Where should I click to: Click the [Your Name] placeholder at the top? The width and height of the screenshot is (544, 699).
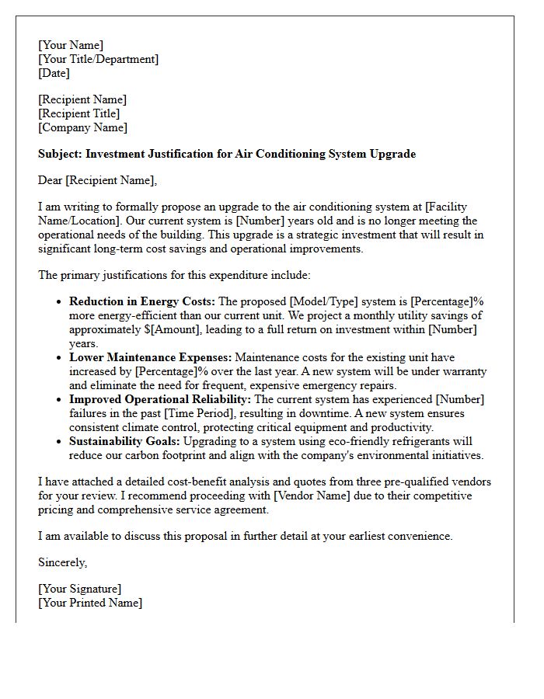pos(71,45)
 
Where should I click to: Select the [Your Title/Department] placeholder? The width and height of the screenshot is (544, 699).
pos(98,59)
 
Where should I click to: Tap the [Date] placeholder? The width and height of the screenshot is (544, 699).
pos(54,73)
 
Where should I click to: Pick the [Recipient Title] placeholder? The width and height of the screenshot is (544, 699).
pos(78,113)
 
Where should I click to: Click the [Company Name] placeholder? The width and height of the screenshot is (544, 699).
pos(83,127)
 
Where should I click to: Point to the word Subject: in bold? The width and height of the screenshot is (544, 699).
pos(60,154)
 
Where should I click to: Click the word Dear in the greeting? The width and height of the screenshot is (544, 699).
pos(51,180)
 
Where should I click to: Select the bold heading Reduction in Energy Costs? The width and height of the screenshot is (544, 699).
pos(142,301)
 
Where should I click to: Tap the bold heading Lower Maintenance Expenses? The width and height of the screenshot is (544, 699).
pos(150,357)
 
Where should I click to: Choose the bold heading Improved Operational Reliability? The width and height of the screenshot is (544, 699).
pos(160,399)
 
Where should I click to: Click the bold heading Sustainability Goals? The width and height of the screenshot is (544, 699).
pos(124,441)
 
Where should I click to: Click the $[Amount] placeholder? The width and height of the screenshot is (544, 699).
pos(162,329)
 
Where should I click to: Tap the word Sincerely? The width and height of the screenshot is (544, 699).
pos(62,562)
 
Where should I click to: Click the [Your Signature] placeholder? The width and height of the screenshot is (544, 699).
pos(79,589)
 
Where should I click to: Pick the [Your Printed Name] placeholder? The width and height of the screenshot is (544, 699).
pos(90,603)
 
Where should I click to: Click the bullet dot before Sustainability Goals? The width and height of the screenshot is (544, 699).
pos(59,442)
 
